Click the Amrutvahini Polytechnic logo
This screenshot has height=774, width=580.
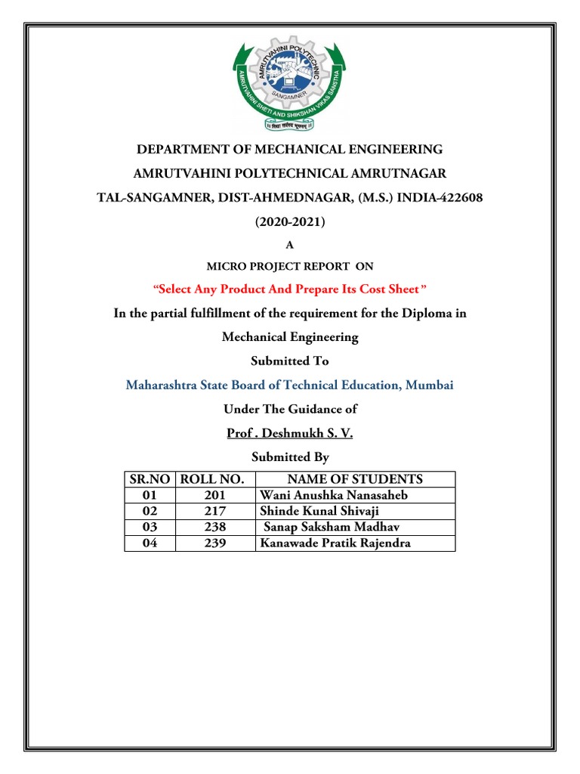click(x=290, y=85)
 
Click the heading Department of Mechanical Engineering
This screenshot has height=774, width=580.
click(x=290, y=149)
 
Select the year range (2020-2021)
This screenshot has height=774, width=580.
click(x=290, y=222)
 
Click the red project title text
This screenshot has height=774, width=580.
click(x=290, y=289)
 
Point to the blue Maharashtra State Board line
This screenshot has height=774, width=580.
click(x=290, y=385)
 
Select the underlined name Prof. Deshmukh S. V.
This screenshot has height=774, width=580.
click(x=290, y=433)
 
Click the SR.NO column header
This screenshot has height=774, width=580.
click(x=150, y=479)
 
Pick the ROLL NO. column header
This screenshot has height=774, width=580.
click(x=215, y=479)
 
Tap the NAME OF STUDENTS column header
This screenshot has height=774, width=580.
click(x=355, y=479)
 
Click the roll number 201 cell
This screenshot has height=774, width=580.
click(x=215, y=496)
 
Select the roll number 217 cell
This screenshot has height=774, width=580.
click(x=215, y=512)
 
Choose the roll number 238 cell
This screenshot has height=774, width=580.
click(x=215, y=528)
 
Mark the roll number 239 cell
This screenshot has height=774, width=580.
click(x=215, y=543)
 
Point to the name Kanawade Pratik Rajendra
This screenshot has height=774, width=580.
click(x=335, y=543)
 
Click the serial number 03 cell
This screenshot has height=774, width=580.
click(x=150, y=528)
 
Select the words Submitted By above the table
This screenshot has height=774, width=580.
click(x=290, y=457)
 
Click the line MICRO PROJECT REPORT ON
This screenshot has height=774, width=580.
click(x=290, y=266)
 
